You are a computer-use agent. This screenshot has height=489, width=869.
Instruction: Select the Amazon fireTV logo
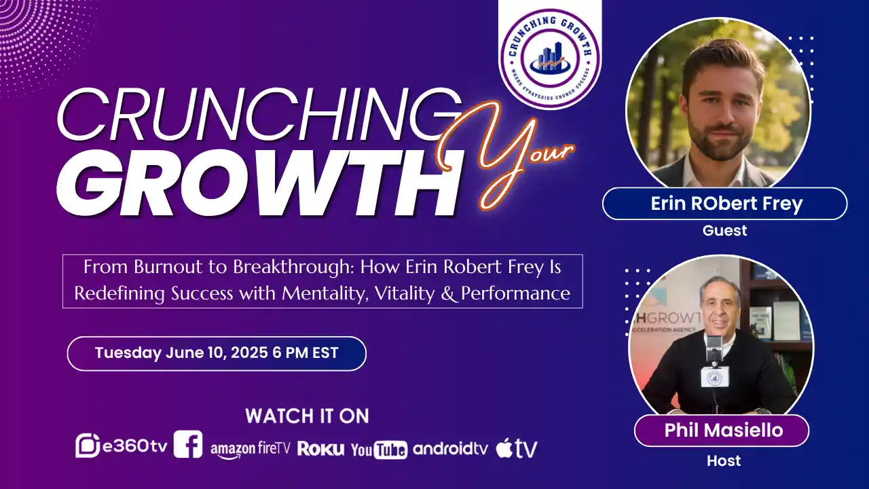point(250,448)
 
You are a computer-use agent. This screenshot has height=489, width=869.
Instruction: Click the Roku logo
point(320,448)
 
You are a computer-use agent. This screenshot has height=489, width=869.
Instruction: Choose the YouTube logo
point(379,449)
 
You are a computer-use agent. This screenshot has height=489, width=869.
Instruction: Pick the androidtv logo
point(450,448)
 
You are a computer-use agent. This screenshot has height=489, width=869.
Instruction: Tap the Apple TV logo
point(516,448)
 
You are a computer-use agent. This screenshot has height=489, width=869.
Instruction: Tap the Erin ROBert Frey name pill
point(724,204)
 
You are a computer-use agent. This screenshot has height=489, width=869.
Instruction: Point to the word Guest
point(724,231)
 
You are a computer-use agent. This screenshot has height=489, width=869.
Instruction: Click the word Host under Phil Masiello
point(724,461)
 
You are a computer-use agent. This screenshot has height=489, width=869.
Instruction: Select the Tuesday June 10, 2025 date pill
point(217,353)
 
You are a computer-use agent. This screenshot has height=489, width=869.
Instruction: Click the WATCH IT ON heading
point(307,416)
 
